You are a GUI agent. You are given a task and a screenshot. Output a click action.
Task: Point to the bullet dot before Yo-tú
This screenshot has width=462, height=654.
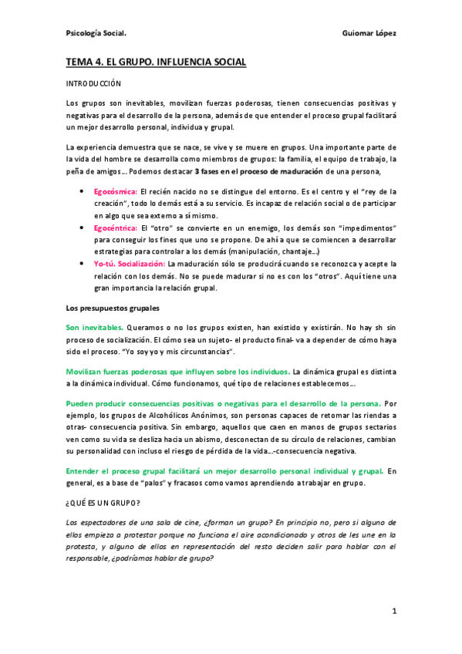(83, 264)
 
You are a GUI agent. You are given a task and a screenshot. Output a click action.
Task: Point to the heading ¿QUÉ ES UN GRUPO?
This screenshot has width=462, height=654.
(103, 502)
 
